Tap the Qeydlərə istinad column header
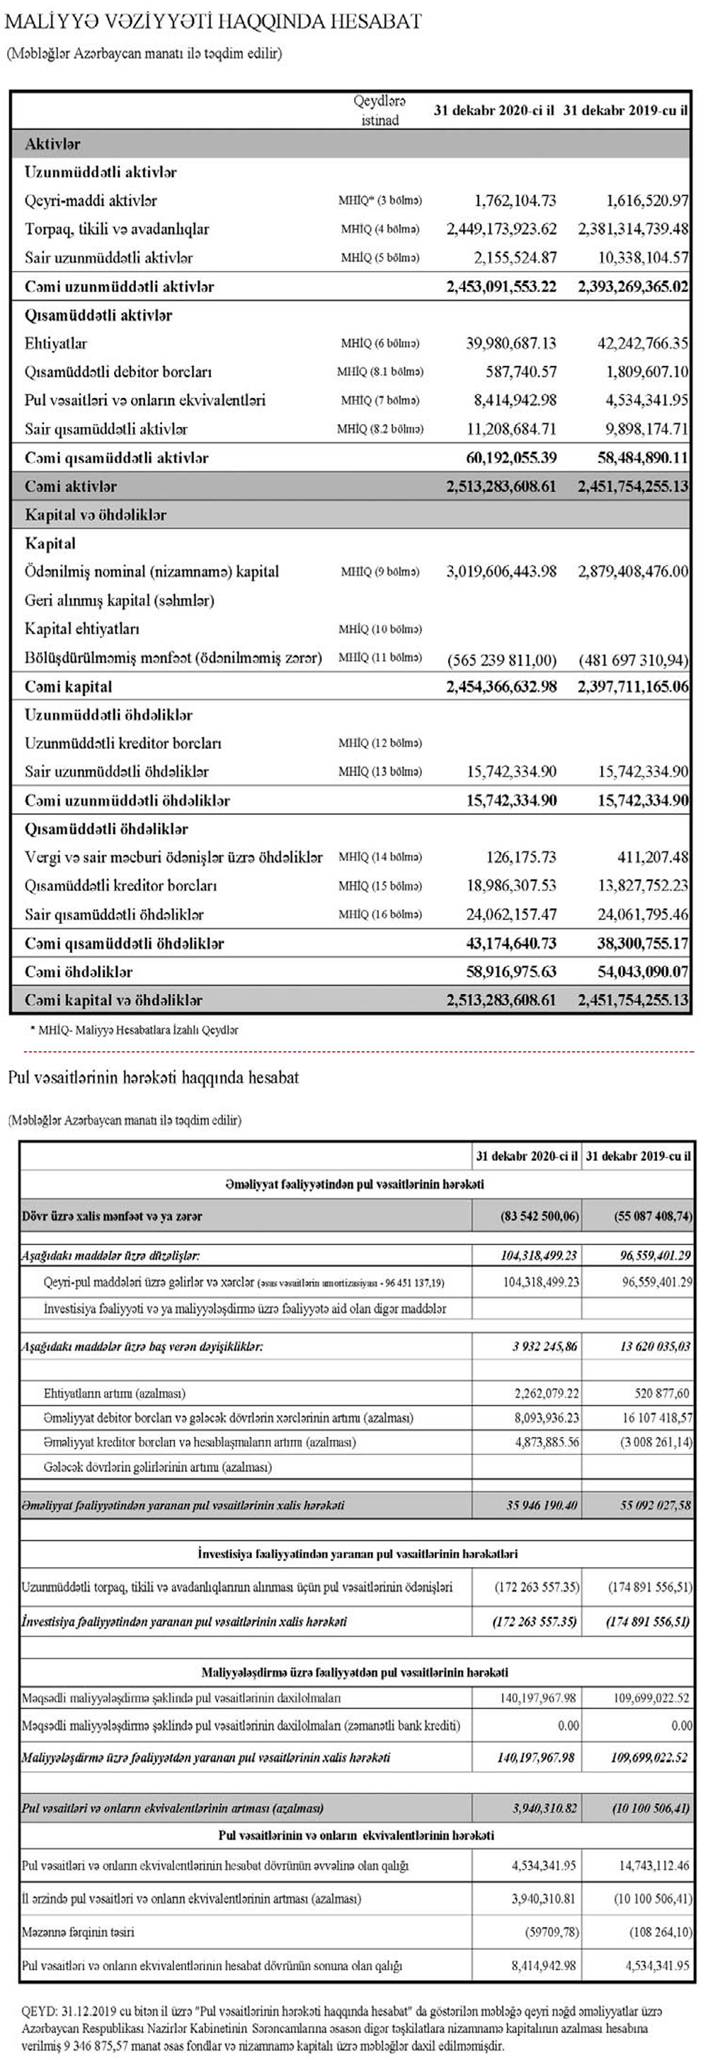[x=380, y=110]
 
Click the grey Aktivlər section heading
[x=53, y=144]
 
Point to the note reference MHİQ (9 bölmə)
[x=380, y=572]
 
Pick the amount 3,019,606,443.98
[x=501, y=572]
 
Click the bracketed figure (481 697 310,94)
[x=634, y=660]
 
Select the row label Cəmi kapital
[x=69, y=687]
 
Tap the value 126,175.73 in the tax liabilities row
[x=521, y=857]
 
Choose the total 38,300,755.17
[x=642, y=944]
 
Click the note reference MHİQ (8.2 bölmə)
[x=380, y=428]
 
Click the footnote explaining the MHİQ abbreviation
[x=134, y=1031]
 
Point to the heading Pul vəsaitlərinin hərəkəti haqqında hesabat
[x=154, y=1078]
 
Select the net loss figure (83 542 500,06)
[x=527, y=1216]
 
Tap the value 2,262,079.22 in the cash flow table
[x=547, y=1393]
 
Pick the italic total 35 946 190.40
[x=542, y=1505]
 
